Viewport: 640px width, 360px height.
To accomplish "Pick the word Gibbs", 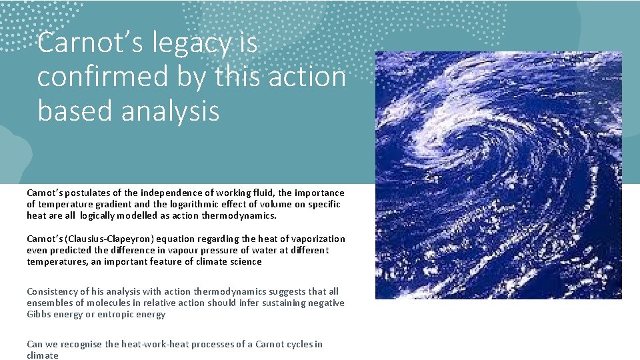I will (39, 314).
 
